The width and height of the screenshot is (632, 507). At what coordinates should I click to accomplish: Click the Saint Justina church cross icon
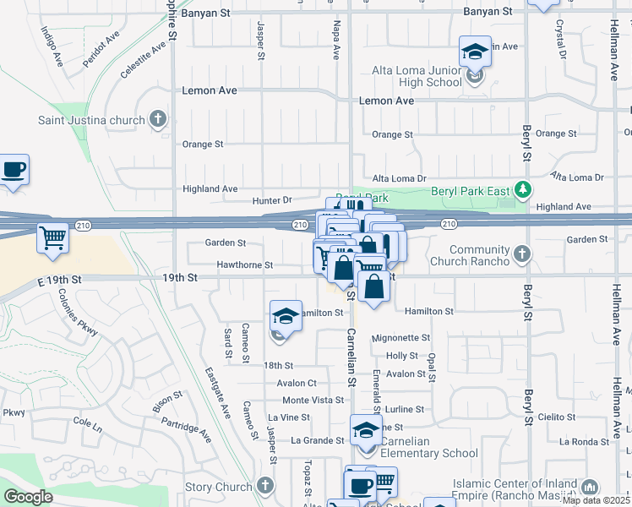pyautogui.click(x=158, y=119)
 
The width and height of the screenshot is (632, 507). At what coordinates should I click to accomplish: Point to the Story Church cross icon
pyautogui.click(x=266, y=486)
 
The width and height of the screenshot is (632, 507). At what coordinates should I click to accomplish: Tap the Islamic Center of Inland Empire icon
pyautogui.click(x=589, y=487)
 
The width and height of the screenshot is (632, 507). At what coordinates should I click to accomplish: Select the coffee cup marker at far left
pyautogui.click(x=14, y=169)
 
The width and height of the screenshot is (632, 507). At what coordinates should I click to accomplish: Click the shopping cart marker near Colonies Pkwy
pyautogui.click(x=52, y=238)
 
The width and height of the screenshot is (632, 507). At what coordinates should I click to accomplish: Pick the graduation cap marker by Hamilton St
pyautogui.click(x=286, y=317)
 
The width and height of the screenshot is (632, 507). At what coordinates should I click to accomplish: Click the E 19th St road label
pyautogui.click(x=59, y=278)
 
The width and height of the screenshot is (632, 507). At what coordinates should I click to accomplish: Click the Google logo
pyautogui.click(x=29, y=497)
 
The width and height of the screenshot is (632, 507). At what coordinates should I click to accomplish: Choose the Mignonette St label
pyautogui.click(x=400, y=337)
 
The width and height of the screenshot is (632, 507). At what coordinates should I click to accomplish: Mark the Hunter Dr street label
pyautogui.click(x=272, y=200)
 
